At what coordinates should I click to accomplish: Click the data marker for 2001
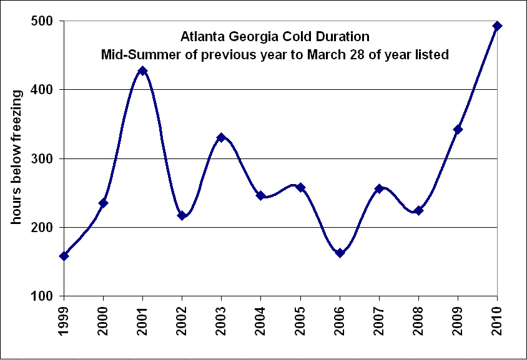pyautogui.click(x=142, y=71)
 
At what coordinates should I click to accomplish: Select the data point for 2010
pyautogui.click(x=497, y=26)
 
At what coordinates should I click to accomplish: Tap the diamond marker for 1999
pyautogui.click(x=64, y=256)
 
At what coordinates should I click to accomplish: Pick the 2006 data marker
pyautogui.click(x=340, y=253)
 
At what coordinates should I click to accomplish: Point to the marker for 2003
pyautogui.click(x=221, y=137)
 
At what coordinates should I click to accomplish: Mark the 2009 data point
pyautogui.click(x=458, y=129)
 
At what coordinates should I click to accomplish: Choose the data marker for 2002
pyautogui.click(x=182, y=215)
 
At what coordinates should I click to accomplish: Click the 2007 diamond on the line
pyautogui.click(x=379, y=188)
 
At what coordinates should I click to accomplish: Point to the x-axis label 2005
pyautogui.click(x=300, y=320)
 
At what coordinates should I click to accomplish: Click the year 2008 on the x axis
pyautogui.click(x=418, y=320)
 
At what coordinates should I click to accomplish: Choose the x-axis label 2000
pyautogui.click(x=103, y=320)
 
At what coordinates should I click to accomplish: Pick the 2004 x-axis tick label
pyautogui.click(x=261, y=320)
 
